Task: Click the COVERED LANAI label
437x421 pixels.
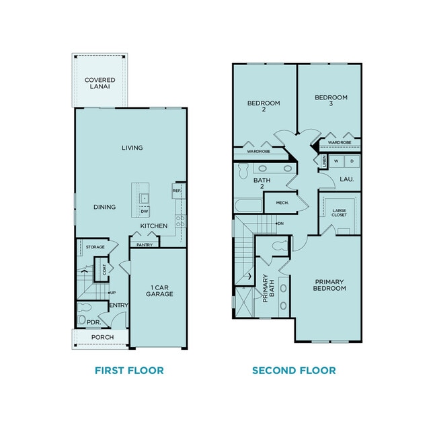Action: tap(100, 84)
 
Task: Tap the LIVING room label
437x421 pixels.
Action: tap(132, 148)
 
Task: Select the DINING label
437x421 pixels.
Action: tap(104, 207)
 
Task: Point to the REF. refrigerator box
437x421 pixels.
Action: tap(177, 191)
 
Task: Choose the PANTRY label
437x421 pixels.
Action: tap(145, 245)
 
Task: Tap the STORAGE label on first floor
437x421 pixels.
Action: tap(95, 248)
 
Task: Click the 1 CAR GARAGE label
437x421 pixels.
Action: tap(160, 291)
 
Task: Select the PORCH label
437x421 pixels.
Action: tap(102, 337)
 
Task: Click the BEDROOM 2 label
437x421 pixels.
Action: tap(264, 106)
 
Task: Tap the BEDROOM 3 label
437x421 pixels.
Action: tap(331, 101)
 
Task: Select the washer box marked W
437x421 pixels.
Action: tap(336, 161)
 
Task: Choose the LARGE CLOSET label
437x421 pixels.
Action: tap(340, 212)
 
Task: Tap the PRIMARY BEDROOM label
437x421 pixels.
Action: tap(329, 285)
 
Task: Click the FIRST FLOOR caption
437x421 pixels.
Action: tap(129, 371)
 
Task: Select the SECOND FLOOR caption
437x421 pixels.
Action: tap(294, 371)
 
